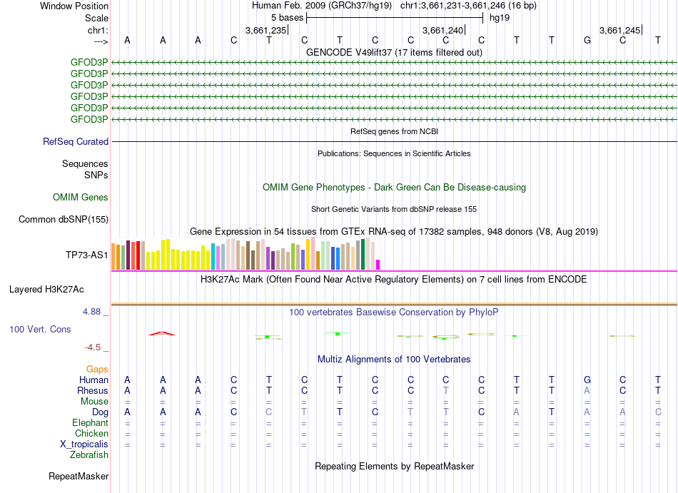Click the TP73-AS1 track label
pos(86,255)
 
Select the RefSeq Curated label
pos(76,141)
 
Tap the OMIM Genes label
pos(81,197)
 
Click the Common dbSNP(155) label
pos(64,219)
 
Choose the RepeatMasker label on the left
pos(79,476)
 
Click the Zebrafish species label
pos(89,454)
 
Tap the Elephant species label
pos(89,422)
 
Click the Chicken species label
pos(91,433)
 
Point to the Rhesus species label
pos(93,390)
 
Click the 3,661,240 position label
pos(443,30)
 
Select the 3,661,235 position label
pos(265,30)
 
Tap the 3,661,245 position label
pos(620,30)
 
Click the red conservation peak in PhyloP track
pos(162,332)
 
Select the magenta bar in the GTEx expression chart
pos(378,264)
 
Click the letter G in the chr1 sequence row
pos(587,40)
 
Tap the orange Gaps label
pos(97,369)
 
